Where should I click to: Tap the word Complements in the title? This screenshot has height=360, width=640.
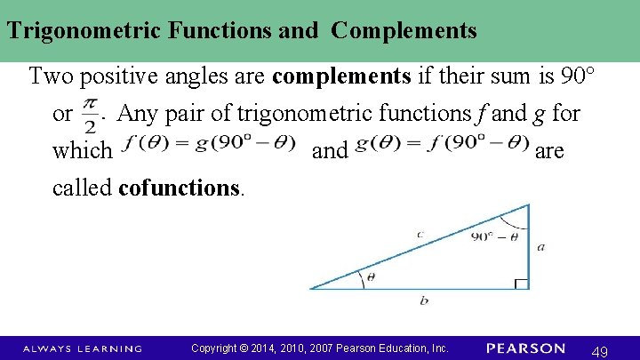point(404,31)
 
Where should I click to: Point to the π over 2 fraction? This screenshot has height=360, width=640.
point(90,115)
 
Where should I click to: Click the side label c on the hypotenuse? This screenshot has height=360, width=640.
point(420,234)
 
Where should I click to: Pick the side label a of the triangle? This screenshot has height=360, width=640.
point(541,246)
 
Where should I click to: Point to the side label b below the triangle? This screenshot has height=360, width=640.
point(423,300)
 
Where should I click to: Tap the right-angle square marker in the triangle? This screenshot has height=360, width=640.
point(522,284)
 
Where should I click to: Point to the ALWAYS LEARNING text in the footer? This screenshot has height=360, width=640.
point(82,348)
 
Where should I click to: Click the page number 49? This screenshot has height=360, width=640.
point(600,352)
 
